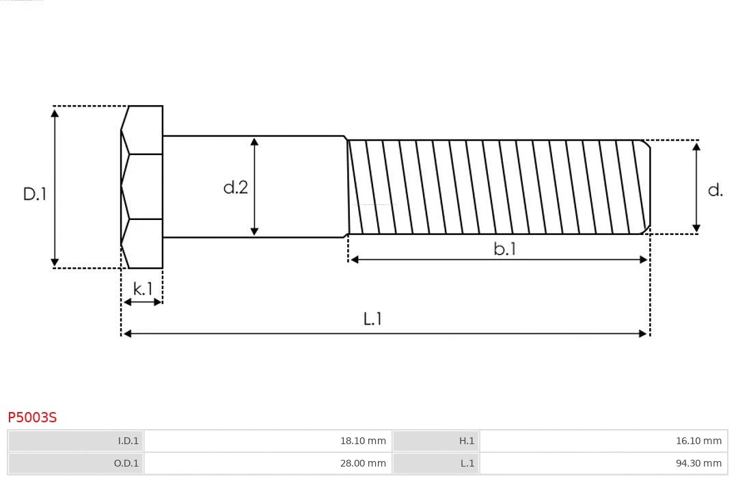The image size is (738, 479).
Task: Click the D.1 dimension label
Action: (35, 194)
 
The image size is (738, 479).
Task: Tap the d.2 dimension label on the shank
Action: (236, 187)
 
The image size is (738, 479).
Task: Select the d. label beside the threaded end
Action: (715, 191)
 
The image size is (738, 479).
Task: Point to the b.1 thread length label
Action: (505, 249)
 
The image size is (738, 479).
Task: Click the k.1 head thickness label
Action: (143, 289)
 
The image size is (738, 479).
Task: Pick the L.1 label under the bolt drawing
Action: (372, 319)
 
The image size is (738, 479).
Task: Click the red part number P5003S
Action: (32, 417)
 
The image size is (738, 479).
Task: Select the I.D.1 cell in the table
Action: (128, 441)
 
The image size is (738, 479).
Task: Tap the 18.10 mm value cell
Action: (363, 441)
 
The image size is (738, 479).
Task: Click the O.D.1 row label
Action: (126, 463)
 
